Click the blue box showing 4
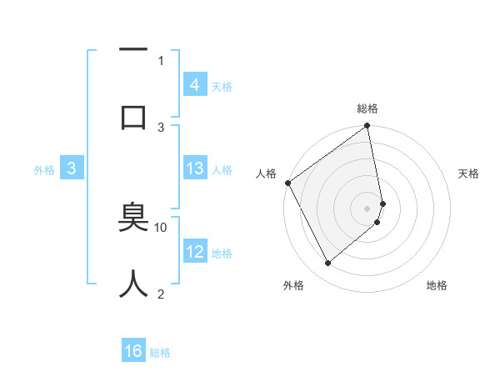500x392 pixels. [x=194, y=84]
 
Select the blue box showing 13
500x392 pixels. [x=194, y=168]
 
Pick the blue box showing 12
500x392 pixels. [x=194, y=251]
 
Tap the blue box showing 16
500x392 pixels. [x=133, y=351]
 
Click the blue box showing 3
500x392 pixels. [x=72, y=168]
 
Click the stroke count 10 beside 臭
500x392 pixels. [x=161, y=227]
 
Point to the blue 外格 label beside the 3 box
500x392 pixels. [x=44, y=170]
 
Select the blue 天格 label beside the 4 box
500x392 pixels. [x=222, y=86]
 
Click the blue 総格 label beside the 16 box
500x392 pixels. [x=160, y=353]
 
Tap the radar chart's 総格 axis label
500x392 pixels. [x=367, y=108]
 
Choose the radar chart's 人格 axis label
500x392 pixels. [x=266, y=173]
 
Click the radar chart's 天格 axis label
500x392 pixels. [x=468, y=173]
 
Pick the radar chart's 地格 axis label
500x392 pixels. [x=437, y=285]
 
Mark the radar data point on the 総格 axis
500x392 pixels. [x=367, y=127]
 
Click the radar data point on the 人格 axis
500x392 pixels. [x=288, y=183]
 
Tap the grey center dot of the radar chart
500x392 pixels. [x=367, y=208]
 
